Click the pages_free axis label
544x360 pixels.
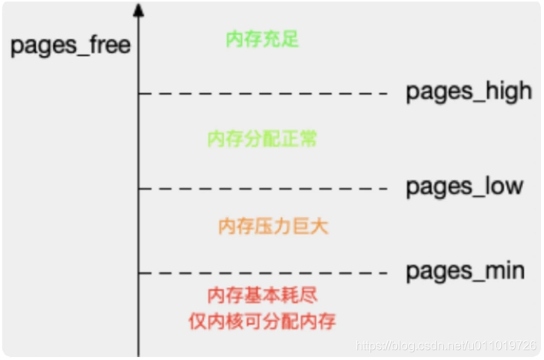tap(70, 45)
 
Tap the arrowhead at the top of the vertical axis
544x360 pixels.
tap(138, 10)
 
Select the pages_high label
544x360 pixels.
tap(469, 92)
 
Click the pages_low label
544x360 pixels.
tap(464, 186)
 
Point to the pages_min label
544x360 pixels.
tap(465, 271)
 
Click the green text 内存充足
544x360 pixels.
tap(262, 39)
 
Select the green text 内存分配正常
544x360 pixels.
tap(262, 139)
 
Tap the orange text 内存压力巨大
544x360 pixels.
tap(262, 226)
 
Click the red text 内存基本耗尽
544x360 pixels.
tap(262, 295)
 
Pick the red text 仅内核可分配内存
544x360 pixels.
tap(262, 320)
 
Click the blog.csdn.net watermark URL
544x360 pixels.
tap(447, 346)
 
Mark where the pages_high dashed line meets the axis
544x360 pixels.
tap(139, 94)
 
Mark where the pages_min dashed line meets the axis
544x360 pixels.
tap(139, 272)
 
